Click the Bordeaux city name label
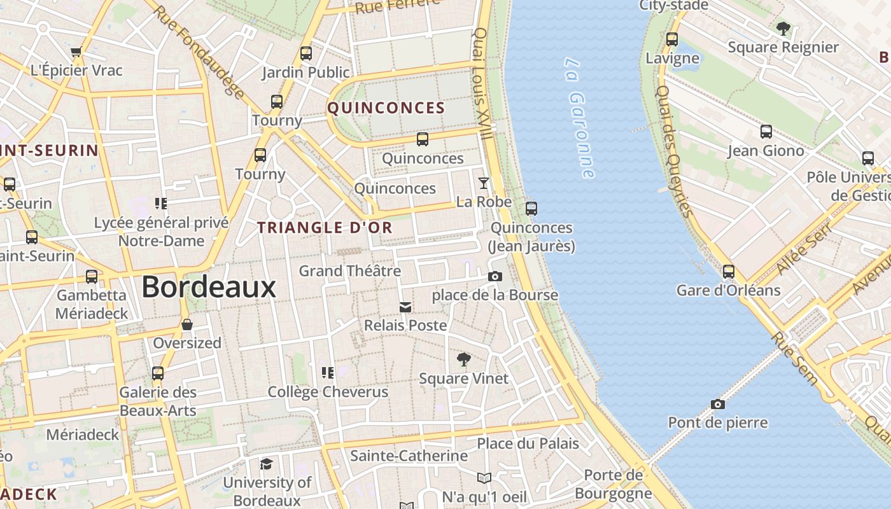[x=209, y=287]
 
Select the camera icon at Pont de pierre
[x=717, y=405]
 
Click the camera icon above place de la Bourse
[x=495, y=277]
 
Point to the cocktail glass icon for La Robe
[x=484, y=183]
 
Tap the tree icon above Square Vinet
[x=464, y=359]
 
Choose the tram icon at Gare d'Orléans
[x=729, y=272]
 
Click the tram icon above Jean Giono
[x=766, y=132]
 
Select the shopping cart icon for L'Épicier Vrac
[x=76, y=52]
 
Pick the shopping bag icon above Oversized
[x=187, y=324]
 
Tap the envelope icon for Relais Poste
[x=405, y=307]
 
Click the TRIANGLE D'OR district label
[x=325, y=227]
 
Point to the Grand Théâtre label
[x=350, y=271]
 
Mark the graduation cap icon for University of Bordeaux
[x=266, y=464]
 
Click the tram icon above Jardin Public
[x=306, y=53]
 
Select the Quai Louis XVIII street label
[x=482, y=83]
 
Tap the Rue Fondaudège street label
[x=199, y=52]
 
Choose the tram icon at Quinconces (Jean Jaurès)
[x=531, y=208]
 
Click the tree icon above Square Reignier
[x=783, y=29]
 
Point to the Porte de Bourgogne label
[x=614, y=484]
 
